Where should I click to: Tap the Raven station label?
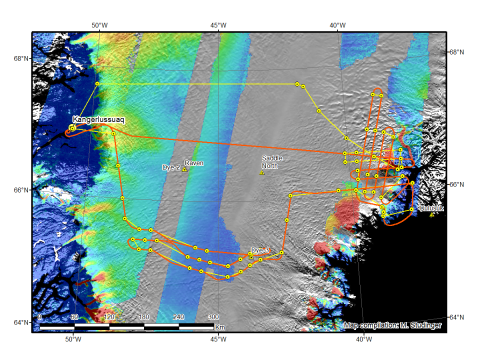(x=195, y=162)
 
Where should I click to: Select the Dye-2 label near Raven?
(x=171, y=168)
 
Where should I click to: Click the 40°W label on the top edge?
(x=338, y=23)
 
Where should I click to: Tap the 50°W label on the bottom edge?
(x=71, y=339)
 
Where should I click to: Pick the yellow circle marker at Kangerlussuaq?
(x=73, y=127)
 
